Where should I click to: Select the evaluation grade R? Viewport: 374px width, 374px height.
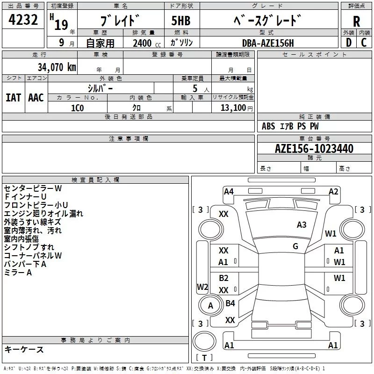(x=356, y=21)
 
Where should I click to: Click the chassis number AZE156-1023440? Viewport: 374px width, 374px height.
(x=314, y=149)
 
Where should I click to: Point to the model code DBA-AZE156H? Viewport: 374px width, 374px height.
(x=268, y=43)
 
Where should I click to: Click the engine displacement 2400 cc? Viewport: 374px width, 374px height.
(x=145, y=43)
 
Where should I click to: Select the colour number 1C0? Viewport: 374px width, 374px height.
(x=77, y=108)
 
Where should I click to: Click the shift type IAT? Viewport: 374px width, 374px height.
(x=13, y=97)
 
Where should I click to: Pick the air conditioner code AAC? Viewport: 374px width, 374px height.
(x=36, y=97)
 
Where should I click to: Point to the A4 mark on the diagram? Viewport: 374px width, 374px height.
(x=229, y=191)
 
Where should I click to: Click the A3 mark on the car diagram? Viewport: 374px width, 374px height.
(x=302, y=225)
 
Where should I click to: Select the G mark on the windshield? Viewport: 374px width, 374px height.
(x=295, y=246)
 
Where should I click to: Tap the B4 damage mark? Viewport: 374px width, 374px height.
(x=230, y=303)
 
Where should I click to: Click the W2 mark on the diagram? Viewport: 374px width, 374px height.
(x=202, y=287)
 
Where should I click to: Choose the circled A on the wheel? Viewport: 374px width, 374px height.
(x=210, y=306)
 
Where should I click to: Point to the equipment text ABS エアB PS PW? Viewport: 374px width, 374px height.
(x=290, y=126)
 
